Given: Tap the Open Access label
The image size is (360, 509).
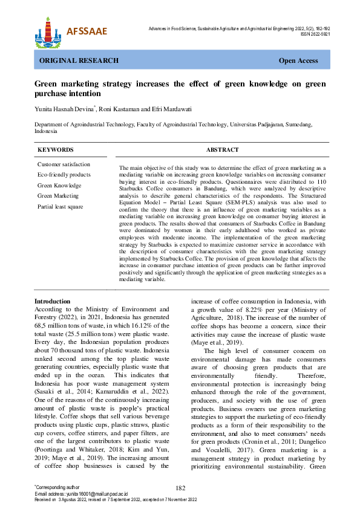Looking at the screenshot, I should point(298,61).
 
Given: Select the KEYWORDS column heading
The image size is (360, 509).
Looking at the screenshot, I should point(56,150).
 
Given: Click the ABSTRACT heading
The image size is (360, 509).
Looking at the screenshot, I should point(222,150).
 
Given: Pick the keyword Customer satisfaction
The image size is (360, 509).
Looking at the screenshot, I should point(64,164).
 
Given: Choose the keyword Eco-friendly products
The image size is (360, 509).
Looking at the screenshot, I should point(64,175).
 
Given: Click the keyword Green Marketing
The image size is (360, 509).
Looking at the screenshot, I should point(58,196).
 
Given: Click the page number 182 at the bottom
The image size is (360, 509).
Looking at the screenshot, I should point(180,488).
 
